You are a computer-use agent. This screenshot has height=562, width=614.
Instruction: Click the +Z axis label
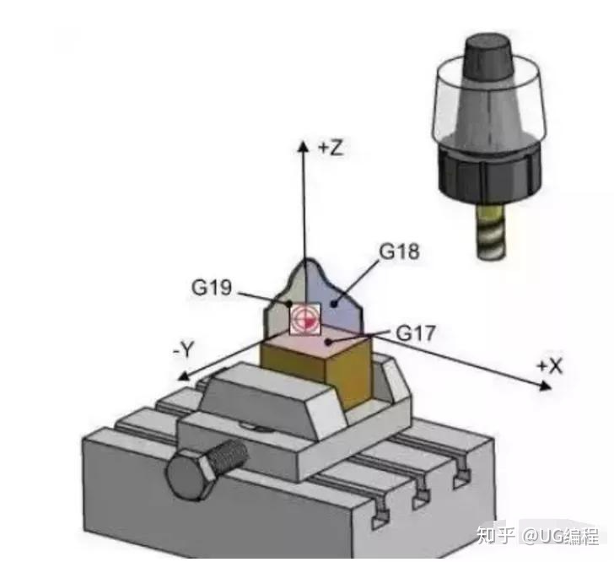click(x=331, y=149)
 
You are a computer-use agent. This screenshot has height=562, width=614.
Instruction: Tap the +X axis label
click(x=550, y=366)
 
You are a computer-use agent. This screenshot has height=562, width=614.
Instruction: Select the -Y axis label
click(x=184, y=349)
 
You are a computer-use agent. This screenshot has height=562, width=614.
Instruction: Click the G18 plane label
click(x=399, y=251)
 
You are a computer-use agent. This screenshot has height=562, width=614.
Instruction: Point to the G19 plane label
click(x=212, y=287)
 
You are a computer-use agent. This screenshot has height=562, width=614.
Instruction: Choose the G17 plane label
click(x=416, y=333)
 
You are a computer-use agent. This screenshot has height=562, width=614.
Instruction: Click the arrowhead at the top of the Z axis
click(x=303, y=145)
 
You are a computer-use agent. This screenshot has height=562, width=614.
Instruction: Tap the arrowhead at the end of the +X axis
click(x=545, y=386)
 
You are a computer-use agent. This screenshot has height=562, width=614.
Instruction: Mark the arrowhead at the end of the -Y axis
click(x=183, y=376)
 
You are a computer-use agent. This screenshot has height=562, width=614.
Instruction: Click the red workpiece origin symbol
click(x=305, y=320)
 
